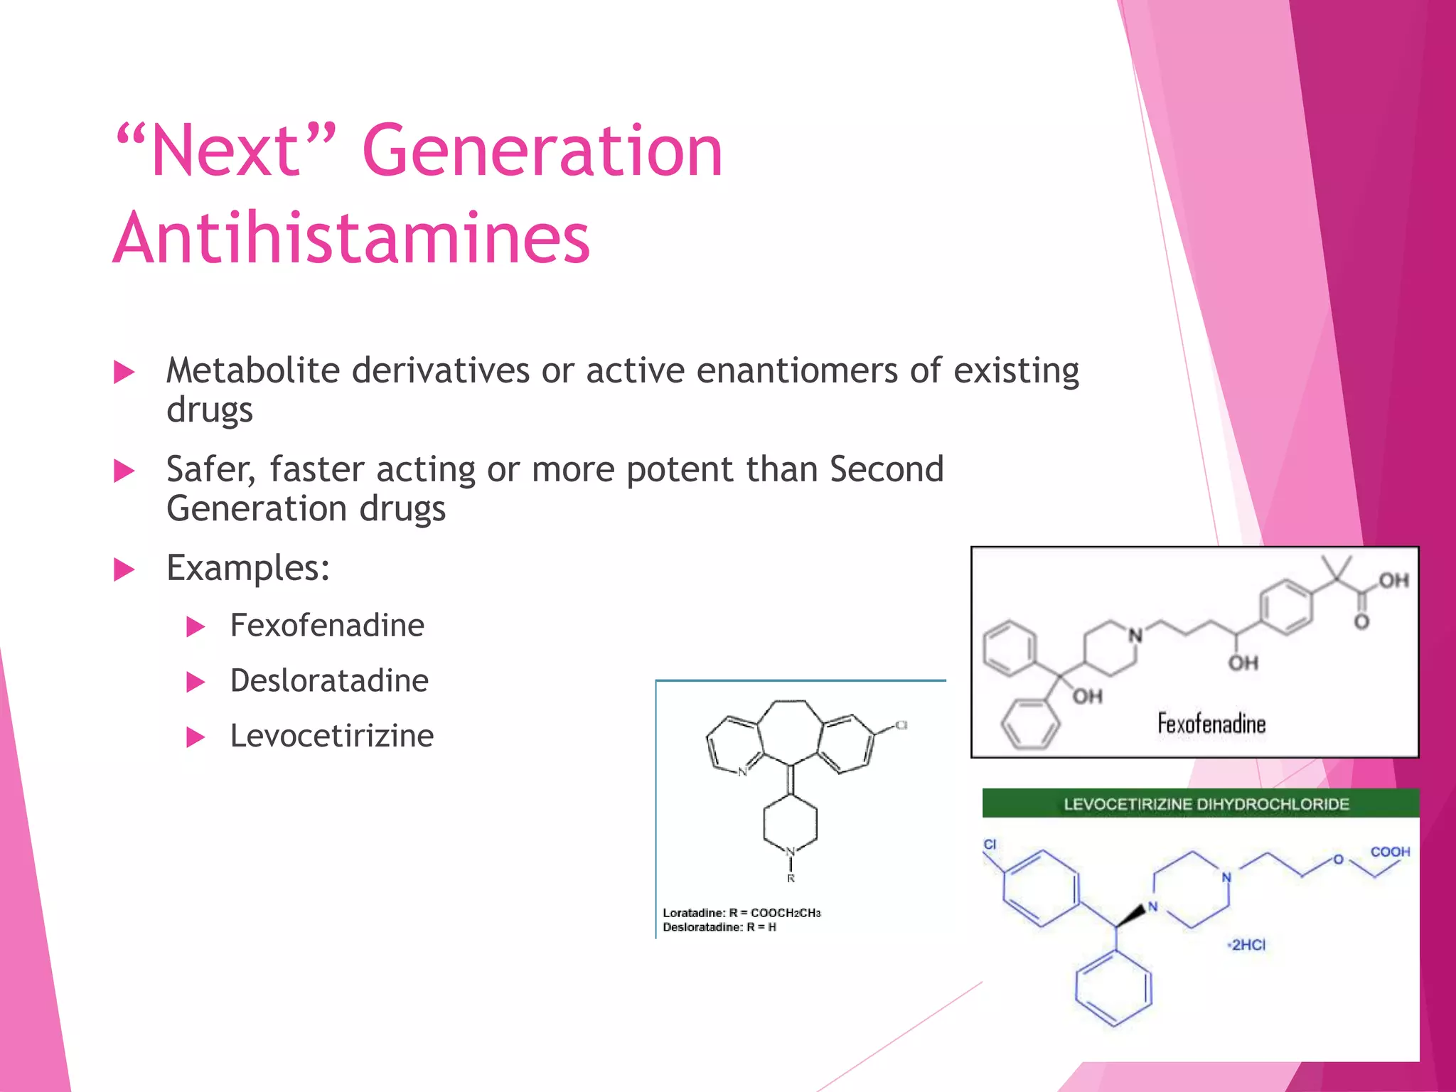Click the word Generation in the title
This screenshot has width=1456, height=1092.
pos(542,151)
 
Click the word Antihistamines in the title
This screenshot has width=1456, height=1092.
pos(351,238)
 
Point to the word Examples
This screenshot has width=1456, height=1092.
pos(248,568)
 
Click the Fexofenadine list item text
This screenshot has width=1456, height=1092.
pos(327,626)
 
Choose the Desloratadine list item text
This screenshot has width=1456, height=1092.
pos(329,681)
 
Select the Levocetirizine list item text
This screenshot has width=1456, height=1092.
pos(332,736)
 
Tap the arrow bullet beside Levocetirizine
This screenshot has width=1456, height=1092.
pos(195,737)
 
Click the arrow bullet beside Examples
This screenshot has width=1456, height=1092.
pos(124,569)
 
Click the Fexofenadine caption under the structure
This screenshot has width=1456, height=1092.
pos(1211,724)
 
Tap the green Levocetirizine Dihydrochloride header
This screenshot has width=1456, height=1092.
pos(1206,804)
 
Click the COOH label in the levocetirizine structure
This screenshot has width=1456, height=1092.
pos(1390,852)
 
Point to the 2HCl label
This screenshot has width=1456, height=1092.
pos(1248,945)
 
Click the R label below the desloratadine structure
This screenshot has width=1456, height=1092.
pos(791,879)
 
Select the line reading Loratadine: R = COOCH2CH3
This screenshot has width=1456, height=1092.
pos(742,913)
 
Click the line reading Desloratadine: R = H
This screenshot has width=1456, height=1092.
pos(719,927)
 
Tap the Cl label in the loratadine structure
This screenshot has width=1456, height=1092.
pos(901,725)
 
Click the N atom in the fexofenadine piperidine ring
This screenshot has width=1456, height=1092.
pos(1135,635)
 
